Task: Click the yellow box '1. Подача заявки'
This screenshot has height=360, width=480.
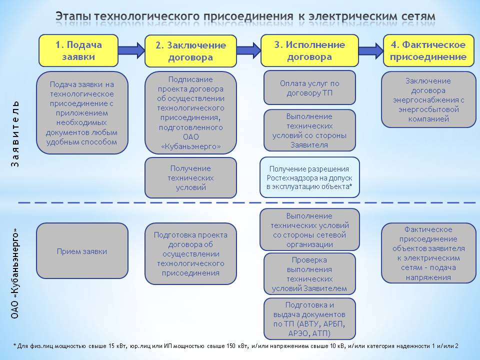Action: tap(78, 50)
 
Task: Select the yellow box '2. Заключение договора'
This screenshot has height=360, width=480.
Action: tap(190, 51)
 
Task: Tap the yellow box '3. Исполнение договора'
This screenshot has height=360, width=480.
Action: tap(309, 50)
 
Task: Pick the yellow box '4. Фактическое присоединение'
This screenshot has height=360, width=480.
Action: tap(428, 50)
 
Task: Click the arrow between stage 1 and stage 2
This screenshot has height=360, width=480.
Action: tap(131, 50)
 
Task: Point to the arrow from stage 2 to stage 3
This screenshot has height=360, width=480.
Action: tap(248, 50)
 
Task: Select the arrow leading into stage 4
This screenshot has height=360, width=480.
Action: tap(370, 50)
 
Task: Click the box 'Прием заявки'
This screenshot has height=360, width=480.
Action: tap(82, 251)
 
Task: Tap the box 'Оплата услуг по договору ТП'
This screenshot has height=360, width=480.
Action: tap(309, 88)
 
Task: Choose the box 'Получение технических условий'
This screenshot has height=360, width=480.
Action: tap(190, 178)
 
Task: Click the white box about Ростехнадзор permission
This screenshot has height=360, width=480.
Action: tap(309, 177)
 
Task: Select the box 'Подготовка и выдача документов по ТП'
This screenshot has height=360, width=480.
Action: tap(309, 318)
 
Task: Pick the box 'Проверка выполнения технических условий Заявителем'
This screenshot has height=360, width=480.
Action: tap(309, 274)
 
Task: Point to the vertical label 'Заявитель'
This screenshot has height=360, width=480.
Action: tap(15, 133)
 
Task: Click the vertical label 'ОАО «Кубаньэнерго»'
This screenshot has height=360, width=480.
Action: tap(15, 273)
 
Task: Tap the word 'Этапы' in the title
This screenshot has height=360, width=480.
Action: tap(73, 16)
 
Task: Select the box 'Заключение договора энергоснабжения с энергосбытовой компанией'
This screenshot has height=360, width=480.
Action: tap(428, 99)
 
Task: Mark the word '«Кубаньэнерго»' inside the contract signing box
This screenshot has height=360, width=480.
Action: tap(190, 146)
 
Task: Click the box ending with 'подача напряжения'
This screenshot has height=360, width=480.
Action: tap(428, 253)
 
